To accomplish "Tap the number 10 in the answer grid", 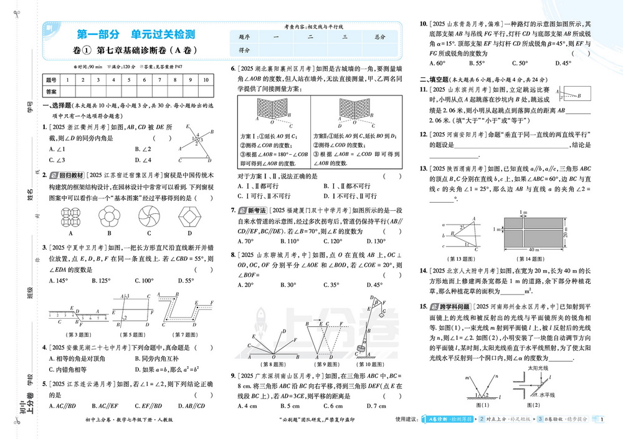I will (206, 80).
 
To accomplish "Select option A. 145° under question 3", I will (60, 281).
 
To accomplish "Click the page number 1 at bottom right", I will (603, 419).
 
